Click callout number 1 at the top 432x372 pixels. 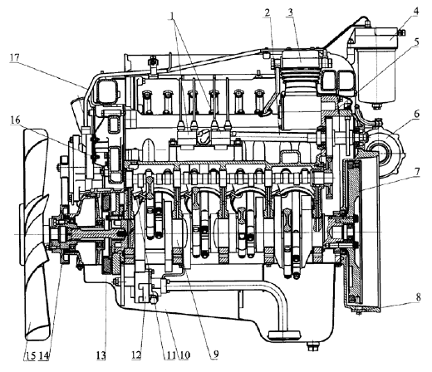pyautogui.click(x=172, y=15)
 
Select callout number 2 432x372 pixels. pyautogui.click(x=268, y=12)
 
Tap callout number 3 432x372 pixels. pyautogui.click(x=290, y=12)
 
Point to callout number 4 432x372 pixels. pyautogui.click(x=416, y=12)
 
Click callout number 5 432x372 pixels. pyautogui.click(x=416, y=42)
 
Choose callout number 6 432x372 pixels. pyautogui.click(x=416, y=114)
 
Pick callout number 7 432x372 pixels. pyautogui.click(x=417, y=171)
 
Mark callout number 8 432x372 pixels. pyautogui.click(x=418, y=298)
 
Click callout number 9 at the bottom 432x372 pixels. pyautogui.click(x=216, y=354)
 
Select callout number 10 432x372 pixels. pyautogui.click(x=184, y=355)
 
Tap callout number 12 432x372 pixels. pyautogui.click(x=136, y=355)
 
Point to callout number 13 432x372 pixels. pyautogui.click(x=101, y=355)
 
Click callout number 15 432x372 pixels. pyautogui.click(x=30, y=355)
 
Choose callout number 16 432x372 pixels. pyautogui.click(x=16, y=120)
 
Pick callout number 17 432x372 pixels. pyautogui.click(x=15, y=57)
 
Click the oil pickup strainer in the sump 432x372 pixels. pyautogui.click(x=283, y=335)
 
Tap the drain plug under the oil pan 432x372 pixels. pyautogui.click(x=312, y=345)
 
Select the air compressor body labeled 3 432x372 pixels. pyautogui.click(x=301, y=91)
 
